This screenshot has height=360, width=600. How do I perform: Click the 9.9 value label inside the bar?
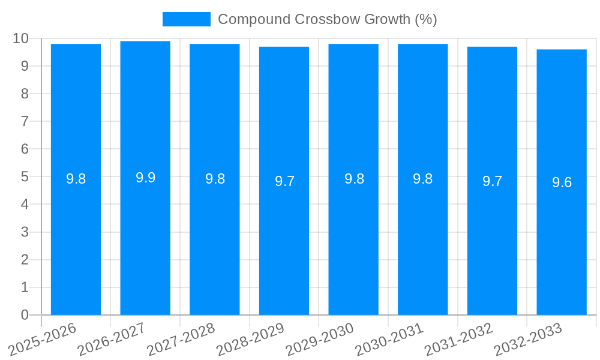(145, 178)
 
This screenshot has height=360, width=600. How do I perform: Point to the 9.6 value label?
(562, 182)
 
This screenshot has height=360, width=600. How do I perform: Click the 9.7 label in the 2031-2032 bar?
(492, 181)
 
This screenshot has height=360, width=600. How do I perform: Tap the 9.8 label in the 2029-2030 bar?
(354, 179)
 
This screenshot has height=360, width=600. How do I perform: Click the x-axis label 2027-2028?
(181, 339)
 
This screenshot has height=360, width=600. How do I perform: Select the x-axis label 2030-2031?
(389, 339)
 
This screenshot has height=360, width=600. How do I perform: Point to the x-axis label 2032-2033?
(528, 339)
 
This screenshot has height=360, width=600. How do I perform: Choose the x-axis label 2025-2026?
(43, 339)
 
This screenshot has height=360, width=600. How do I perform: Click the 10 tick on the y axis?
(21, 38)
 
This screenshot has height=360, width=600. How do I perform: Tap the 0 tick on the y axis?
(25, 315)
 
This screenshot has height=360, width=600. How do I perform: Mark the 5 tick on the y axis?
(25, 177)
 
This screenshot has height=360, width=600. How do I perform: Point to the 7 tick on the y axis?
(25, 122)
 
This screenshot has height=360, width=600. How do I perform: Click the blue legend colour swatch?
(186, 19)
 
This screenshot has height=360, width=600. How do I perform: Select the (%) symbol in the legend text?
(426, 19)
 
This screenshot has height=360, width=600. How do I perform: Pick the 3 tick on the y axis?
(25, 232)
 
